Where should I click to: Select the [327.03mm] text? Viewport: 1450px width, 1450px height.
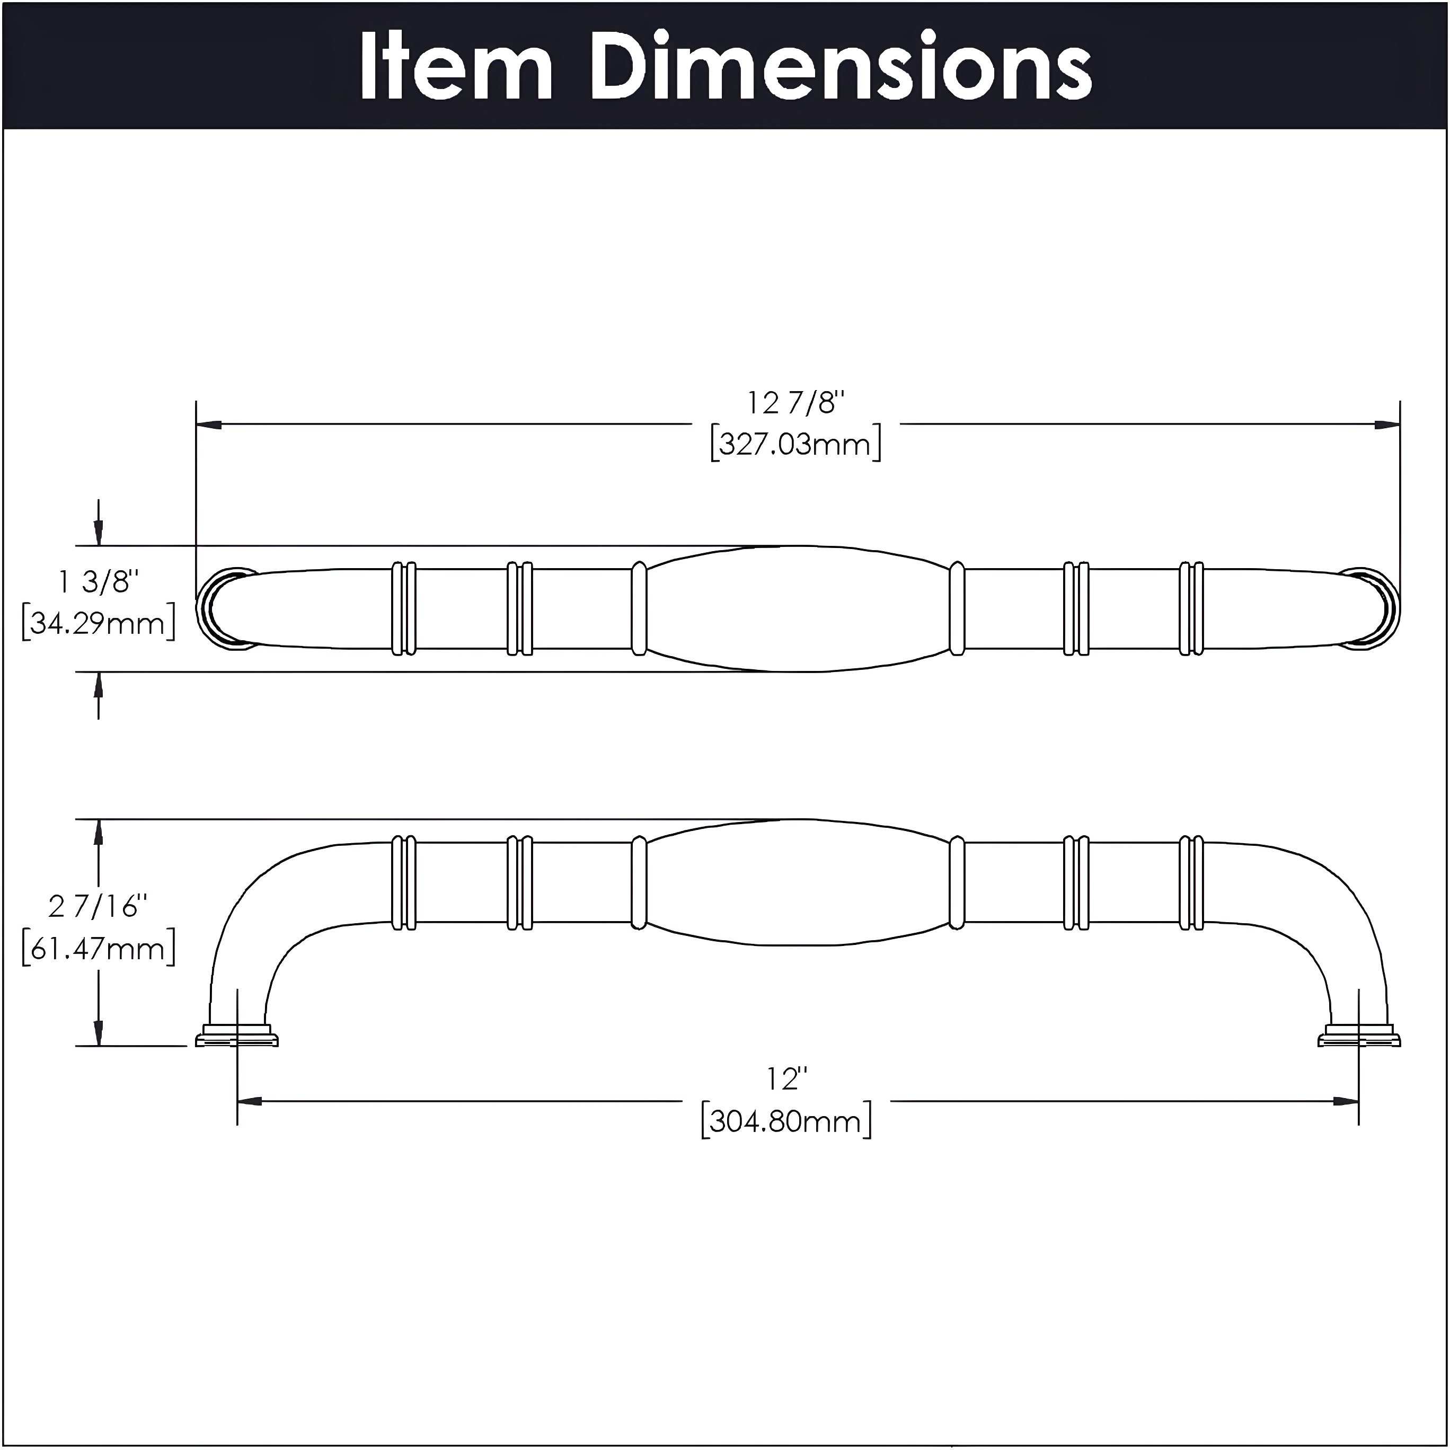pos(795,444)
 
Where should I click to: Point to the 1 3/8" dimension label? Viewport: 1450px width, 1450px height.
pos(99,582)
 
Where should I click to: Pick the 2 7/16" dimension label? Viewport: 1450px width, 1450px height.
pos(98,907)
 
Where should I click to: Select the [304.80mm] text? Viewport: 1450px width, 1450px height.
pos(786,1122)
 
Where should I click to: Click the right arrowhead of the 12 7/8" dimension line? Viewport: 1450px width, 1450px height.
pos(1387,425)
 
